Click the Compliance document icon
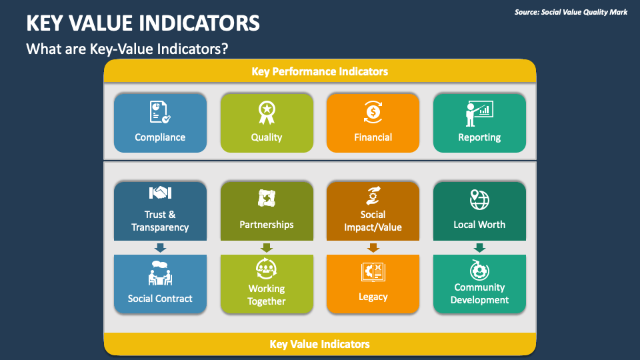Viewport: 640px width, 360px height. click(160, 112)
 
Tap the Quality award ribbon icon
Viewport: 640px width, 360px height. click(267, 112)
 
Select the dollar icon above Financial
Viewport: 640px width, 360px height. click(373, 112)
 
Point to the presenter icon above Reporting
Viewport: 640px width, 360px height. click(479, 112)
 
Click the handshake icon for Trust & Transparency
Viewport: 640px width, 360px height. click(160, 193)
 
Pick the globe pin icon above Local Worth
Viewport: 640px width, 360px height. click(479, 199)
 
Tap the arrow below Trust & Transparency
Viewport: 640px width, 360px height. click(160, 247)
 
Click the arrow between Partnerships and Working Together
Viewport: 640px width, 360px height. click(267, 247)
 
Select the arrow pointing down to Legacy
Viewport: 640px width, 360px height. click(373, 247)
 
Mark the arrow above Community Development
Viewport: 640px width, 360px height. click(479, 247)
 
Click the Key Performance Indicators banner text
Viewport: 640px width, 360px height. click(319, 71)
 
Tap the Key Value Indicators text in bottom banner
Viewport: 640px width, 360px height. click(319, 344)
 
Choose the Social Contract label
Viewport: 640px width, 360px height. click(160, 298)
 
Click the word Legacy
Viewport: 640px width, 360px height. click(373, 297)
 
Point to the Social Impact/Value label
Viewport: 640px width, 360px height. click(373, 221)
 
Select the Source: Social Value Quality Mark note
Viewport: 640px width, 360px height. click(571, 12)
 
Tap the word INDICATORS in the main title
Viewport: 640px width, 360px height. click(200, 24)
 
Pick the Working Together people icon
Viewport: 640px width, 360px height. click(267, 269)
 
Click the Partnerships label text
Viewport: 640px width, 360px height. click(267, 225)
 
